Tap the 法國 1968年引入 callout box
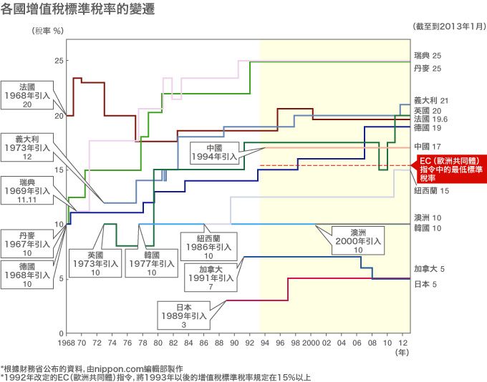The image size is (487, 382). click(x=27, y=94)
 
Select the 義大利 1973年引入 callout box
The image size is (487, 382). click(x=27, y=146)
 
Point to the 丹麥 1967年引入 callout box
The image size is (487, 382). click(x=27, y=243)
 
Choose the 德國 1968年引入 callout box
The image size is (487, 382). click(x=27, y=274)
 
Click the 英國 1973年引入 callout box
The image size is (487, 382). click(x=95, y=263)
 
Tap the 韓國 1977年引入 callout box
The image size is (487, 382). click(x=151, y=263)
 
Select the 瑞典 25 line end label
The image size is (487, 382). click(x=428, y=56)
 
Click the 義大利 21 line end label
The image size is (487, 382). click(x=431, y=101)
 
